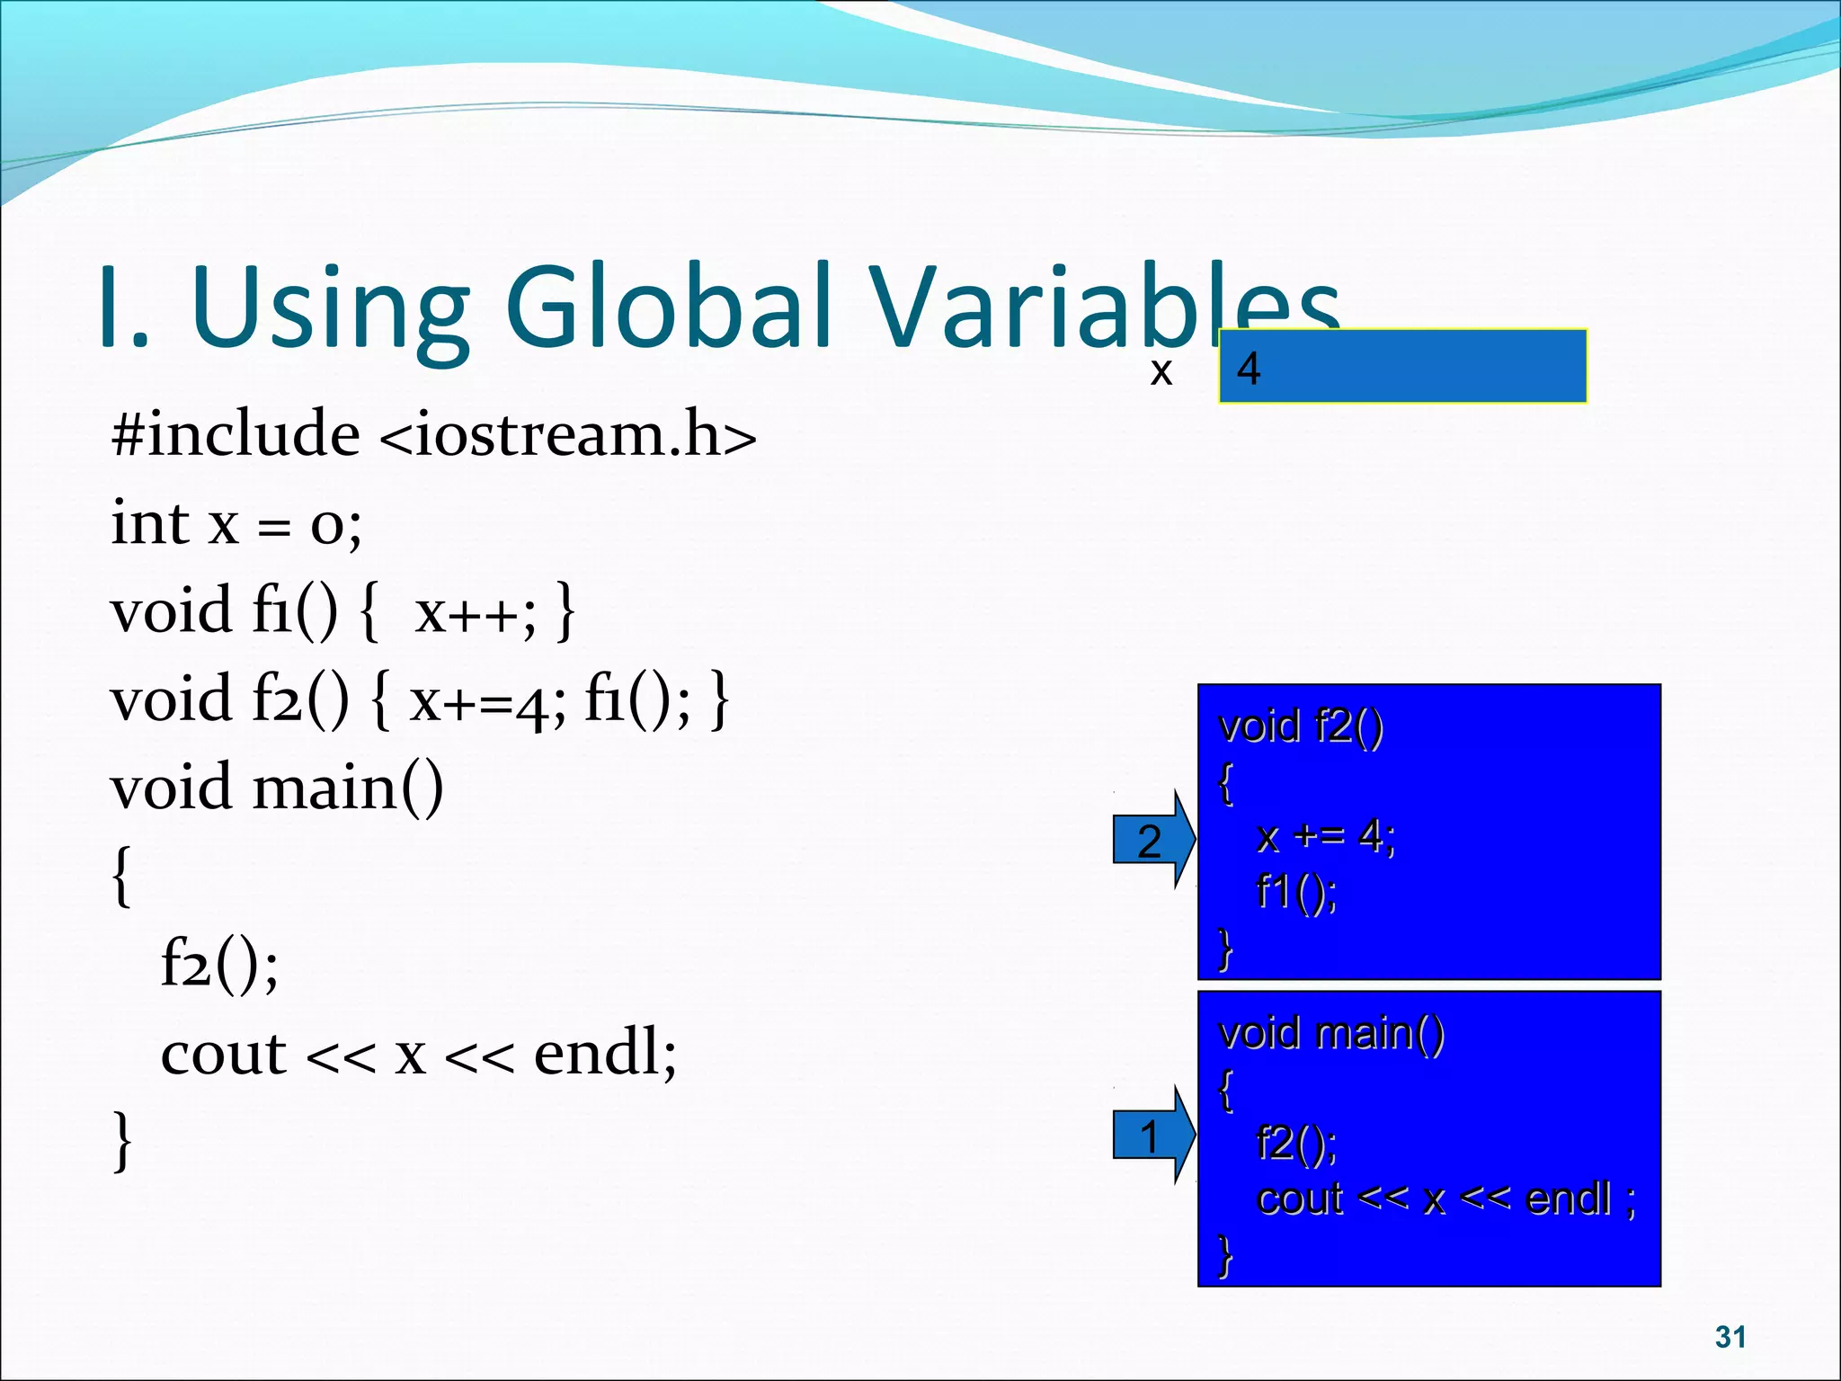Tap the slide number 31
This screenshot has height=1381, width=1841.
1730,1337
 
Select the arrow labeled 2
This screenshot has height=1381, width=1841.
1152,841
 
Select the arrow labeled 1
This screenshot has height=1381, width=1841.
1152,1136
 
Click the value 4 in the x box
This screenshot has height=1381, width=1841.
1249,369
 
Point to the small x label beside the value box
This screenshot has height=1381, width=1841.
1161,371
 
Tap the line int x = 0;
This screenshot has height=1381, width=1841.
236,523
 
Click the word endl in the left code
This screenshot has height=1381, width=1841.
604,1054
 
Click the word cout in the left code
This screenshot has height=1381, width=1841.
223,1054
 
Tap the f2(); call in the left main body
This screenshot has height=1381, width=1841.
219,964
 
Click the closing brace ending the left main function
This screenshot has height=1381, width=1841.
122,1142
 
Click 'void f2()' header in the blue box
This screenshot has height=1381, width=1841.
1300,726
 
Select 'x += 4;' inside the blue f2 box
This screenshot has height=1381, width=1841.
1326,837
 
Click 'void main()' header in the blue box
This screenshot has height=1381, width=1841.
1330,1033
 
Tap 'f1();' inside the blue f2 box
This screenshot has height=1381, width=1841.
1296,892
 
